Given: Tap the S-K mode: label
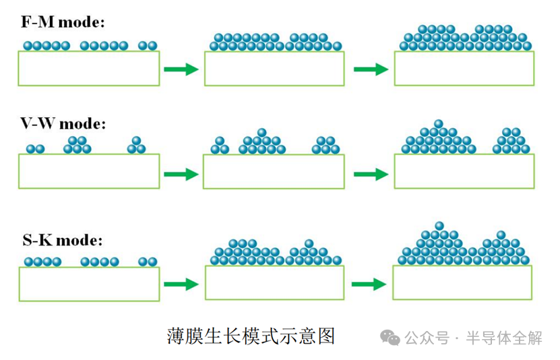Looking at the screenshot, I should click(62, 239).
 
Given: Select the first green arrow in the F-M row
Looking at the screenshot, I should click(181, 69).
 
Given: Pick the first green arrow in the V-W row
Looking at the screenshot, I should click(181, 174).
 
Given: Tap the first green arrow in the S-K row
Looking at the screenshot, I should click(181, 284).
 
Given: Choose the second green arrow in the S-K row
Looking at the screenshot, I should click(369, 284).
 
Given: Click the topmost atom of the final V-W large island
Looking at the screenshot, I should click(439, 123).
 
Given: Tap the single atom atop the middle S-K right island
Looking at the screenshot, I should click(309, 243).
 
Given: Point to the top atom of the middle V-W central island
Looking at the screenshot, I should click(262, 132).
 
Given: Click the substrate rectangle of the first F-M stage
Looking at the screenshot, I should click(89, 69).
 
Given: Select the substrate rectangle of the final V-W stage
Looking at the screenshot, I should click(464, 171).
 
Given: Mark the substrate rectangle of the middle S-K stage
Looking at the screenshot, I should click(274, 282).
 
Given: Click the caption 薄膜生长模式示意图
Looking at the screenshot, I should click(251, 336).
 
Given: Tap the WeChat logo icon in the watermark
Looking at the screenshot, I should click(390, 337).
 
